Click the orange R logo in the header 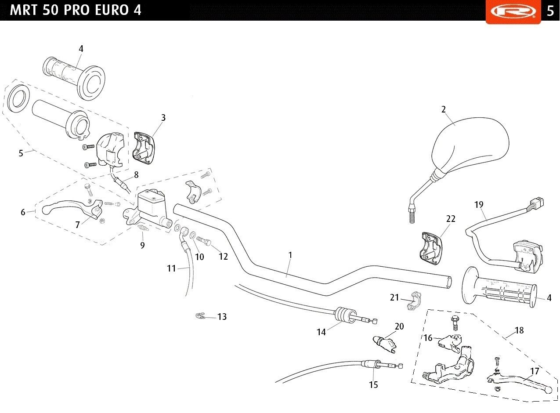tap(513, 11)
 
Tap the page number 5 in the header tap(550, 11)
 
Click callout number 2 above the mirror tap(444, 109)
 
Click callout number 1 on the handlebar tap(290, 255)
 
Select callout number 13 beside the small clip tap(222, 317)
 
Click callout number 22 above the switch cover tap(451, 219)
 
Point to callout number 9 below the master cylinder tap(142, 245)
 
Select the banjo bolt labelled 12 tap(204, 242)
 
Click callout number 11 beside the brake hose tap(171, 268)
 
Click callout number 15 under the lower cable tap(373, 385)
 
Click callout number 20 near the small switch tap(399, 326)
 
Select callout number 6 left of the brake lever tap(23, 212)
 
